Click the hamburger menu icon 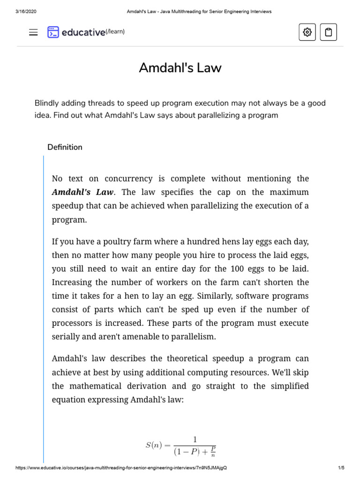pyautogui.click(x=33, y=32)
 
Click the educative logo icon pyautogui.click(x=53, y=32)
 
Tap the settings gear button pyautogui.click(x=307, y=32)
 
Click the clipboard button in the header pyautogui.click(x=329, y=32)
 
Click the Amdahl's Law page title pyautogui.click(x=180, y=68)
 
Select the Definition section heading pyautogui.click(x=65, y=147)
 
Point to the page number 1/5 pyautogui.click(x=341, y=468)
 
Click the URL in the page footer pyautogui.click(x=122, y=468)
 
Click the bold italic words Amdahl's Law pyautogui.click(x=82, y=192)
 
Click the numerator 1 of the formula pyautogui.click(x=195, y=439)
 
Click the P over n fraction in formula pyautogui.click(x=212, y=451)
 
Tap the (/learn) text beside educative pyautogui.click(x=115, y=31)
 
